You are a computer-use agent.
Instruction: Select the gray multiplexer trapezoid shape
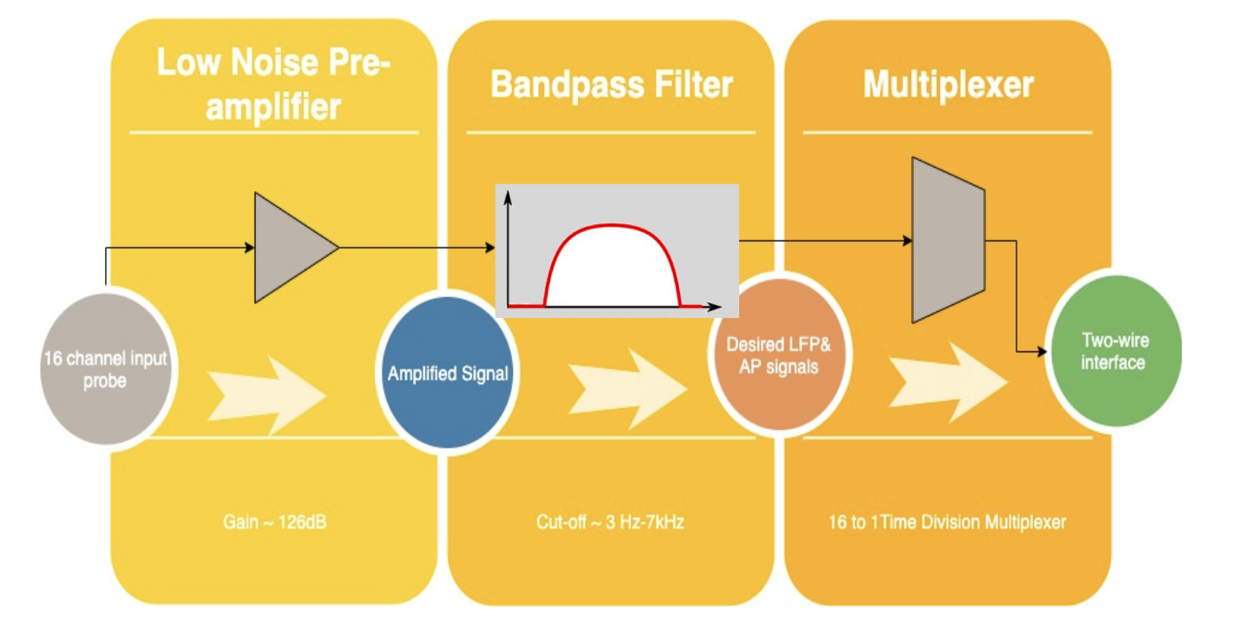point(948,241)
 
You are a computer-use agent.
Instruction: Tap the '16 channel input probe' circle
point(105,369)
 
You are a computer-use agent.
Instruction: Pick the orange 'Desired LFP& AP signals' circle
point(778,355)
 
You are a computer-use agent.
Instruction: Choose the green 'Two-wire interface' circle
point(1113,351)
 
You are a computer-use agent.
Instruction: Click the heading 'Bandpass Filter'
point(611,85)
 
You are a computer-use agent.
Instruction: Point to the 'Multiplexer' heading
point(948,85)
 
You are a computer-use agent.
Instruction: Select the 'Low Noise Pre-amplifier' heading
point(273,85)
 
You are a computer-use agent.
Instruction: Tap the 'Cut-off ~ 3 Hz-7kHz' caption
point(611,523)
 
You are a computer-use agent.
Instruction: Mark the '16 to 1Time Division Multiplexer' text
point(948,523)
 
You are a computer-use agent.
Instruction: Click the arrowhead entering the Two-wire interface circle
point(1040,351)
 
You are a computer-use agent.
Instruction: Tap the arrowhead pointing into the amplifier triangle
point(250,248)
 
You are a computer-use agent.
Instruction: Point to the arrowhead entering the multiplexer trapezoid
point(907,241)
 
